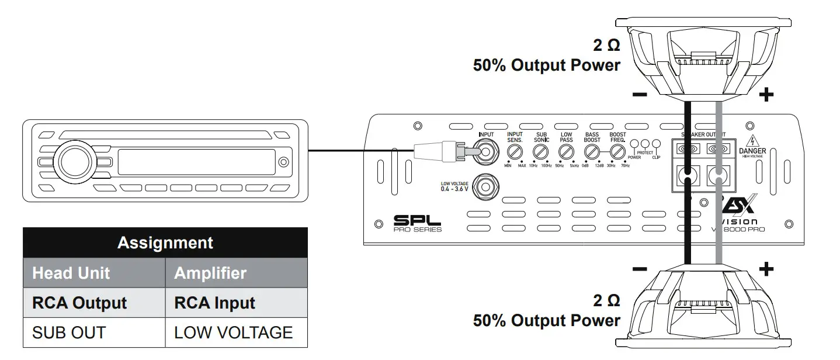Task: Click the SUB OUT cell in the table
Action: point(69,333)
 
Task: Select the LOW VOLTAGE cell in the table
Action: point(234,333)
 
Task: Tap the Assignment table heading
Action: point(165,243)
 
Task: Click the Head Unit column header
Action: point(71,273)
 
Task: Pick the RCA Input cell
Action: point(214,303)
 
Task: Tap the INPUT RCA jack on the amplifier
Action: point(486,153)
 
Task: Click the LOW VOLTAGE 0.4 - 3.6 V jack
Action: point(486,187)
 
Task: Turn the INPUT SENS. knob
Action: point(515,153)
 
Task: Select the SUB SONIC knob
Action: point(541,153)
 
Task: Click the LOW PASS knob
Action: point(566,153)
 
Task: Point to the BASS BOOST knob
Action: point(592,153)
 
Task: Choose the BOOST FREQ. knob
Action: point(617,153)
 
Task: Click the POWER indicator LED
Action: point(634,144)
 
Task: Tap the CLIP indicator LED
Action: point(656,144)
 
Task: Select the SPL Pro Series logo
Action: point(417,223)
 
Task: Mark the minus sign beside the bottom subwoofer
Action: point(639,269)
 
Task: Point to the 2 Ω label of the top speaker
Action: point(606,46)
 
